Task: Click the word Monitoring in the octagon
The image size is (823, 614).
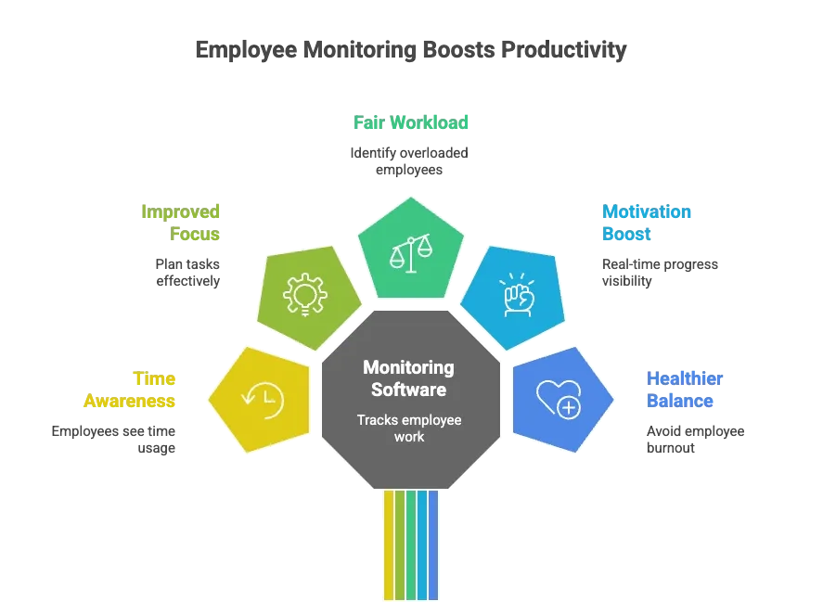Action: [408, 368]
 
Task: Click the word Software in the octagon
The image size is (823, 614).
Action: [408, 389]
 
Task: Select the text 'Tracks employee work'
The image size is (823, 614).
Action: [408, 428]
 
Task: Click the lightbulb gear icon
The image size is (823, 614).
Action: [306, 292]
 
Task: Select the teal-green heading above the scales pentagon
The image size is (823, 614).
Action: [411, 122]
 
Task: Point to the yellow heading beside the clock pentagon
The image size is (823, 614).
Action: [131, 390]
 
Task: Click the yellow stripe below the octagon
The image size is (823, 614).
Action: [389, 547]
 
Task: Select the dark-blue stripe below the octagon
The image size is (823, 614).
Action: [433, 547]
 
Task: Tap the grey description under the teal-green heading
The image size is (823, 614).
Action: [408, 160]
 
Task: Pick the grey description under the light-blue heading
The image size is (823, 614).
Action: [660, 273]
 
